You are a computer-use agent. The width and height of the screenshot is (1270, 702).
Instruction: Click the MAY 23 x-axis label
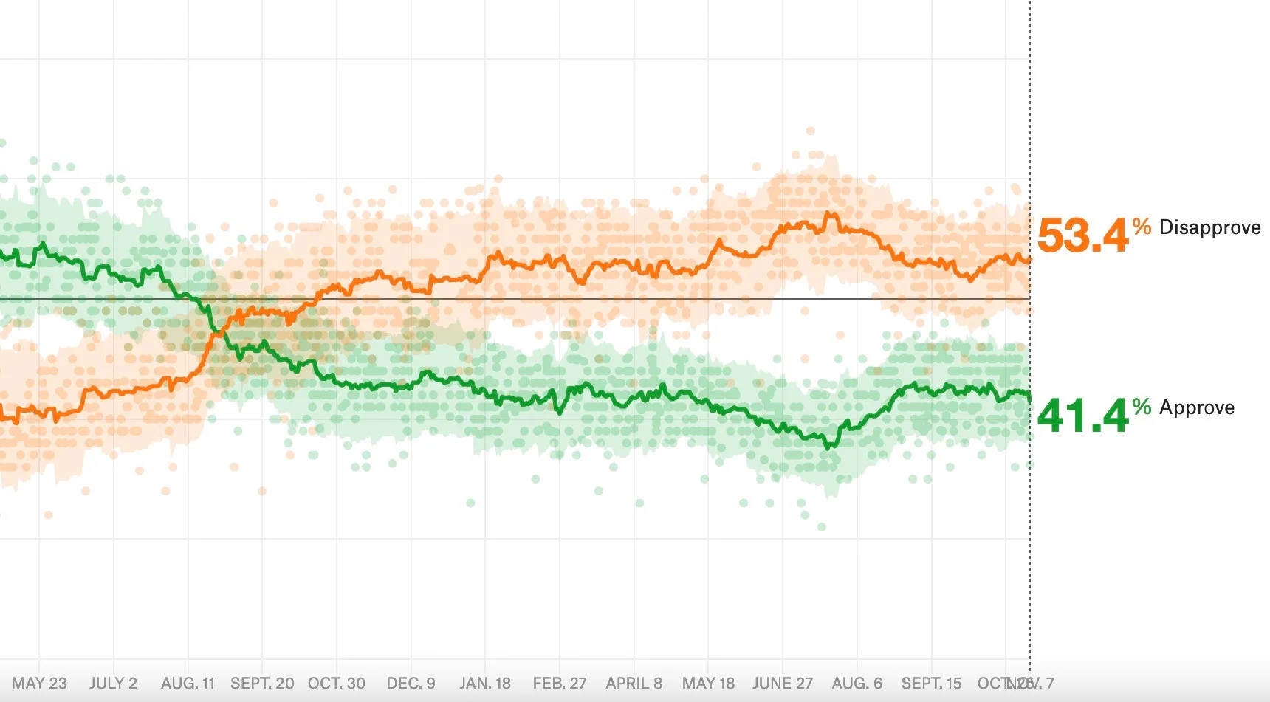39,684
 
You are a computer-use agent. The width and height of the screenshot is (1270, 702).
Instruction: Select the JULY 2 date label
113,684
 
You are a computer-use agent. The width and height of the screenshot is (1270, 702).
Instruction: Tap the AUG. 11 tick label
188,684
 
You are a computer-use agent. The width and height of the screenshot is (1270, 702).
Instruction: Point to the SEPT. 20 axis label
262,684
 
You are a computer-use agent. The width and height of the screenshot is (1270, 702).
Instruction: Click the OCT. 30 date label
337,684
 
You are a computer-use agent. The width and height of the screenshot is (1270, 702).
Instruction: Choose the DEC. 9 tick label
411,684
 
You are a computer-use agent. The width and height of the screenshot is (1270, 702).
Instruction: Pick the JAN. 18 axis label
485,684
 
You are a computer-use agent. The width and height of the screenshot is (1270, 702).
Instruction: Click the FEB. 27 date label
560,684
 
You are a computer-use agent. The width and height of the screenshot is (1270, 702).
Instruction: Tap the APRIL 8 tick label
634,684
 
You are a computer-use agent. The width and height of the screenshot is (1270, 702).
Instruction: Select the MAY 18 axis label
708,684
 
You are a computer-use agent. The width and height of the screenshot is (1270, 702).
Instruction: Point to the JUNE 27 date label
783,684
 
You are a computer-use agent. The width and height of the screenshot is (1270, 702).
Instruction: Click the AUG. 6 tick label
857,684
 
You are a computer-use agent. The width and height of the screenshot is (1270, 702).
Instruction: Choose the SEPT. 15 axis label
931,684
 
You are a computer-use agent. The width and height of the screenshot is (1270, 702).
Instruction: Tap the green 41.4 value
1083,416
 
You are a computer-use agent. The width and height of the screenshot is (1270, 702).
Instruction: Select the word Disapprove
1210,227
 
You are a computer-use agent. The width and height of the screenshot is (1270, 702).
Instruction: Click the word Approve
1197,407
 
